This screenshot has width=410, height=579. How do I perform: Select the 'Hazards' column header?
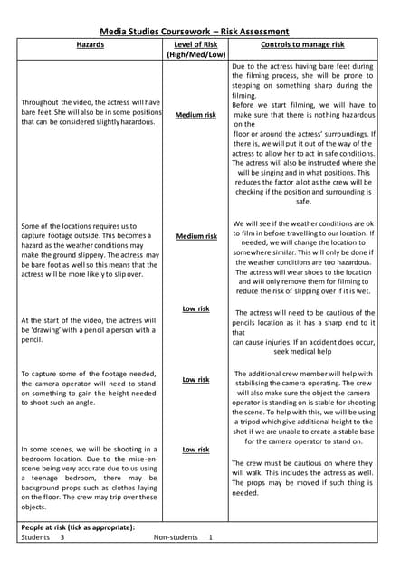[91, 43]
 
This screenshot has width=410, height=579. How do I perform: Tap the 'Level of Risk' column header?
[195, 43]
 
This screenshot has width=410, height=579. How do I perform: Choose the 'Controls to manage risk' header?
[301, 43]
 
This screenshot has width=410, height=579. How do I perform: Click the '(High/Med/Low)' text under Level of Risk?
[195, 55]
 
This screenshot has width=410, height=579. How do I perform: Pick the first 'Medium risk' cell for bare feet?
[195, 116]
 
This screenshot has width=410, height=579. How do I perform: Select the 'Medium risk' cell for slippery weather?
[195, 236]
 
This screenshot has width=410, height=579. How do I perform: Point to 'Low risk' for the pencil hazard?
[195, 308]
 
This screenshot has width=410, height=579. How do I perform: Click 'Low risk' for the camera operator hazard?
[195, 380]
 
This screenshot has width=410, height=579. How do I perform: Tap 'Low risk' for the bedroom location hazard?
[195, 449]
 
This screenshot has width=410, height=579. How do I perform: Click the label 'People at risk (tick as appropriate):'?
[78, 527]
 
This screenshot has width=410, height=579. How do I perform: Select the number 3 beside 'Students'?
[62, 537]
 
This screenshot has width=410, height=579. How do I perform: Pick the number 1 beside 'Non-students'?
[210, 537]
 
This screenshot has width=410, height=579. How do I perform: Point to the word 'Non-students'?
[176, 537]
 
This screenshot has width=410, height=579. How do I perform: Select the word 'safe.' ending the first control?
[303, 202]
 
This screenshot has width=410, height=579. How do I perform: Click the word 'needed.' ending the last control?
[245, 493]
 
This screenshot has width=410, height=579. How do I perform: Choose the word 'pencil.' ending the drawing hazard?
[32, 341]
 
